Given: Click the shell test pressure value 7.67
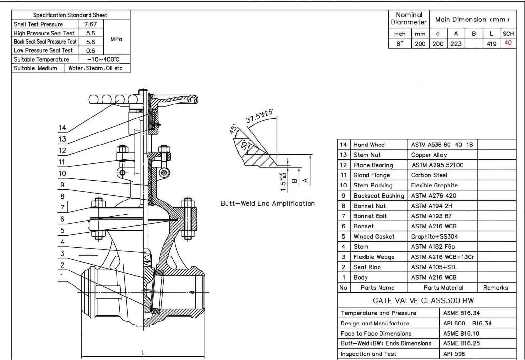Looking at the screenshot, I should point(90,24).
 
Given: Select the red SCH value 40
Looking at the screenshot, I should point(508,43).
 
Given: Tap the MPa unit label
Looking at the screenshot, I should point(116,39).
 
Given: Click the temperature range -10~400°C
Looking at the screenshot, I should point(103,59).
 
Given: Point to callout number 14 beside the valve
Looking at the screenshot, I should point(62,128).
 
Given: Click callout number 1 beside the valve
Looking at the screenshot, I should point(62,276).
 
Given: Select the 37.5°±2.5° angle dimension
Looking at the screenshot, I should point(259,116).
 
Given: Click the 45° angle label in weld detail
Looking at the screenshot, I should point(233,129).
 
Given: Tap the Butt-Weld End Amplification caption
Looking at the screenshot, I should point(268,203).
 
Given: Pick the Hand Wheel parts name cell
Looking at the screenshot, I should point(369,145).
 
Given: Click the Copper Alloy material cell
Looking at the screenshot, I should point(429,155).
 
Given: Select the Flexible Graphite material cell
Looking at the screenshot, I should point(434,185).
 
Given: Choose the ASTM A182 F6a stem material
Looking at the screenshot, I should point(433,246).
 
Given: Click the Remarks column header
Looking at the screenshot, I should point(495,287).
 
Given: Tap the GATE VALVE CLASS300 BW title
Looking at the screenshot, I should point(423,300).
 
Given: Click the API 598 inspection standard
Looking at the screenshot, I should point(454,354).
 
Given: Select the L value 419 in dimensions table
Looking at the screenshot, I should point(491,44).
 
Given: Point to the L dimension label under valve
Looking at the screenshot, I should point(143,353).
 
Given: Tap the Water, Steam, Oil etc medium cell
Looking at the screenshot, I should point(95,68).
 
